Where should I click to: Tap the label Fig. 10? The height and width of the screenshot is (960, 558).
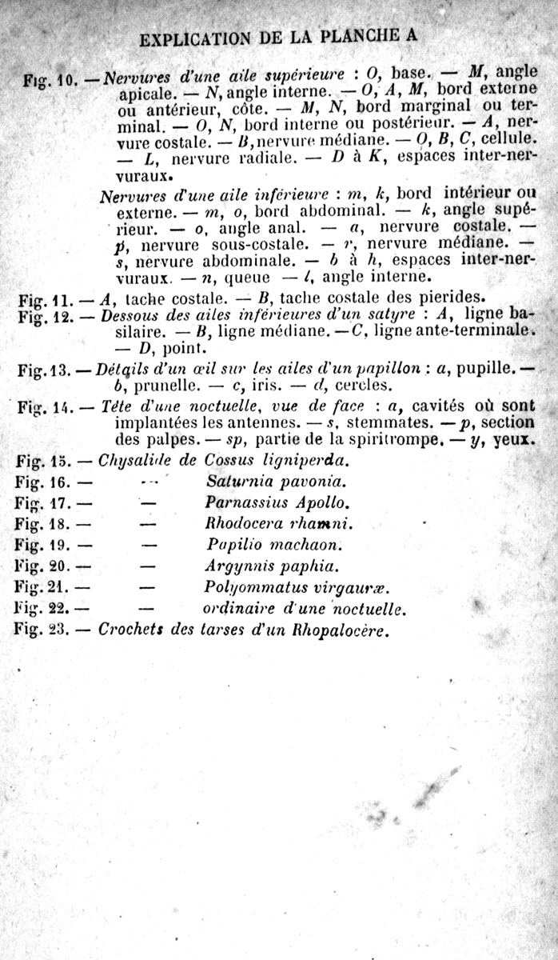46,80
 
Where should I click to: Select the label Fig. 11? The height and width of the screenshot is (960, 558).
45,301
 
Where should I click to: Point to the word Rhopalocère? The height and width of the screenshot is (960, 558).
342,629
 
